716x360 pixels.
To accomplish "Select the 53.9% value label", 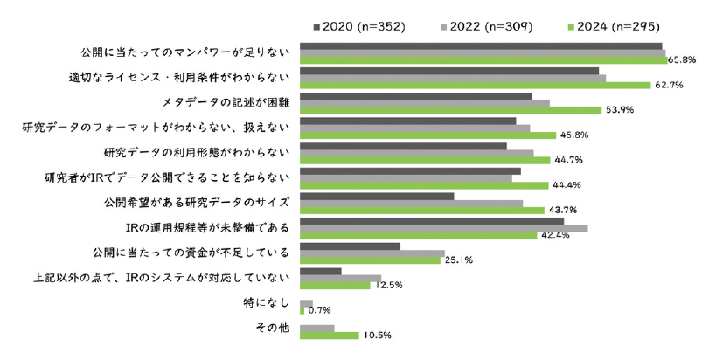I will pyautogui.click(x=619, y=110).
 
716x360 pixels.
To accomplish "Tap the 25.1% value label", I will pyautogui.click(x=459, y=260).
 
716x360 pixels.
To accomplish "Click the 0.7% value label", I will pyautogui.click(x=318, y=310).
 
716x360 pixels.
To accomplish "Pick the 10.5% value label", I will pyautogui.click(x=377, y=335).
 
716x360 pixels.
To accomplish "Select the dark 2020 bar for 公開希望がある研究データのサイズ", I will pyautogui.click(x=377, y=196).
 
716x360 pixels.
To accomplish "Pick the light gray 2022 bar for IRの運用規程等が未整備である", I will pyautogui.click(x=443, y=228).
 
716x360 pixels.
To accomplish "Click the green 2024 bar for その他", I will pyautogui.click(x=330, y=335).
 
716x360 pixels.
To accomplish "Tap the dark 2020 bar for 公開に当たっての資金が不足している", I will pyautogui.click(x=350, y=246).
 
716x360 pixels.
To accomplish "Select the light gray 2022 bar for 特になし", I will pyautogui.click(x=306, y=303).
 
